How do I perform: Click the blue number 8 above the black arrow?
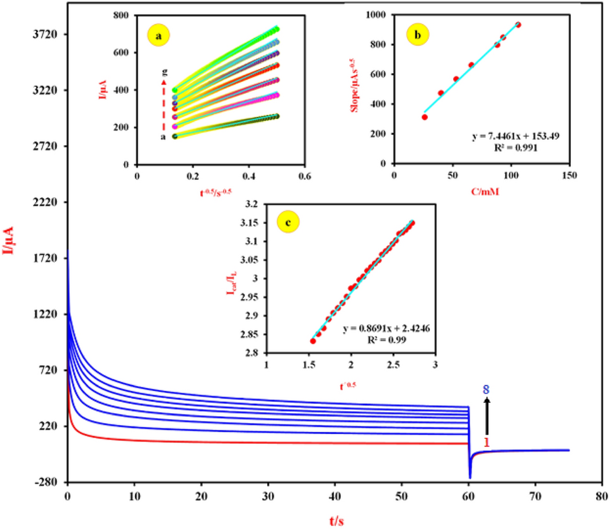pyautogui.click(x=486, y=390)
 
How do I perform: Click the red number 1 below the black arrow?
pyautogui.click(x=486, y=443)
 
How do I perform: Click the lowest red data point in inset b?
pyautogui.click(x=425, y=117)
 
